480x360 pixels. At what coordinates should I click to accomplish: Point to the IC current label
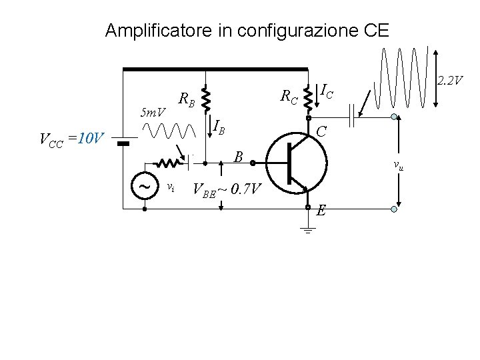(x=327, y=90)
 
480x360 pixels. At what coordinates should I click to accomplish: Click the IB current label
(x=219, y=125)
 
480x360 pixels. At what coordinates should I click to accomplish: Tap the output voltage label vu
(x=398, y=165)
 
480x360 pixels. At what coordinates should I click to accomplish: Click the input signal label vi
(x=171, y=187)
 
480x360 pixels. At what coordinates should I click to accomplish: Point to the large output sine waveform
(x=400, y=77)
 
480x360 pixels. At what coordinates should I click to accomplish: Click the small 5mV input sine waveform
(x=173, y=130)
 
